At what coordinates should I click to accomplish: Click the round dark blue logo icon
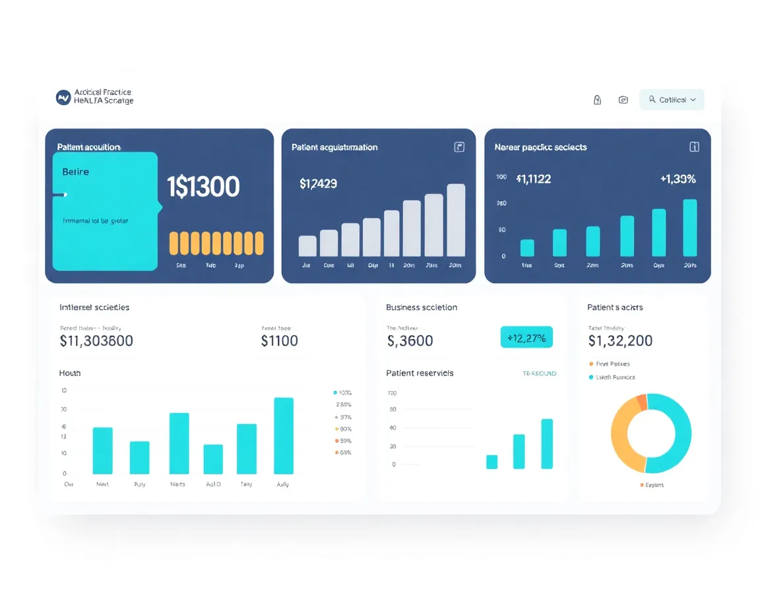[x=63, y=98]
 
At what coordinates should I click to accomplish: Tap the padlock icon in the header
[x=597, y=100]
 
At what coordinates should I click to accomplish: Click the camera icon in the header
[x=623, y=100]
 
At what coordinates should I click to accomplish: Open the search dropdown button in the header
[x=672, y=100]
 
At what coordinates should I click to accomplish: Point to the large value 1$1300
[x=203, y=187]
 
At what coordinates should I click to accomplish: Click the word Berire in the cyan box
[x=75, y=171]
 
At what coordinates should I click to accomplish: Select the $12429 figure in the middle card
[x=318, y=184]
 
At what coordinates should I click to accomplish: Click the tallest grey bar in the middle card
[x=456, y=220]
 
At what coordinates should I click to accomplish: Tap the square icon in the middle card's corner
[x=460, y=147]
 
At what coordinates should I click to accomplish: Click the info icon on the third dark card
[x=694, y=147]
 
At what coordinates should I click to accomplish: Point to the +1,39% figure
[x=678, y=179]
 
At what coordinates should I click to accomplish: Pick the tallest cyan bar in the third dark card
[x=689, y=228]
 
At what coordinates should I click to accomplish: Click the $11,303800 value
[x=96, y=341]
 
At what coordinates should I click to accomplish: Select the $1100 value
[x=280, y=341]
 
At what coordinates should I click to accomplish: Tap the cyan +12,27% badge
[x=526, y=338]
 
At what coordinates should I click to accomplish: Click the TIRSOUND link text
[x=539, y=373]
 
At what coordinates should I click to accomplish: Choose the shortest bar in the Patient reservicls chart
[x=491, y=462]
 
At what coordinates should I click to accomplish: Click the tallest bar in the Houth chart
[x=284, y=435]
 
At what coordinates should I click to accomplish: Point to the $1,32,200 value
[x=620, y=340]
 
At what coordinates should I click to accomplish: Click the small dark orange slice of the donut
[x=641, y=402]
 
